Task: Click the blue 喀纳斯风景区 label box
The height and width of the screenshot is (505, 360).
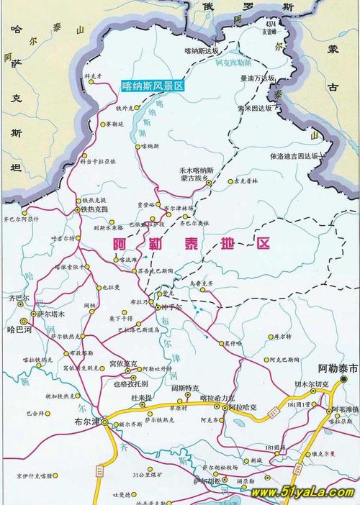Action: point(153,86)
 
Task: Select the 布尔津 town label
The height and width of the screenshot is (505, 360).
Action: point(86,424)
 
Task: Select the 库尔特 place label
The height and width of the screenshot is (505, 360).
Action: point(283,337)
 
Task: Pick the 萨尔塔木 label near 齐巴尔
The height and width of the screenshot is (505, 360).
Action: point(51,314)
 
